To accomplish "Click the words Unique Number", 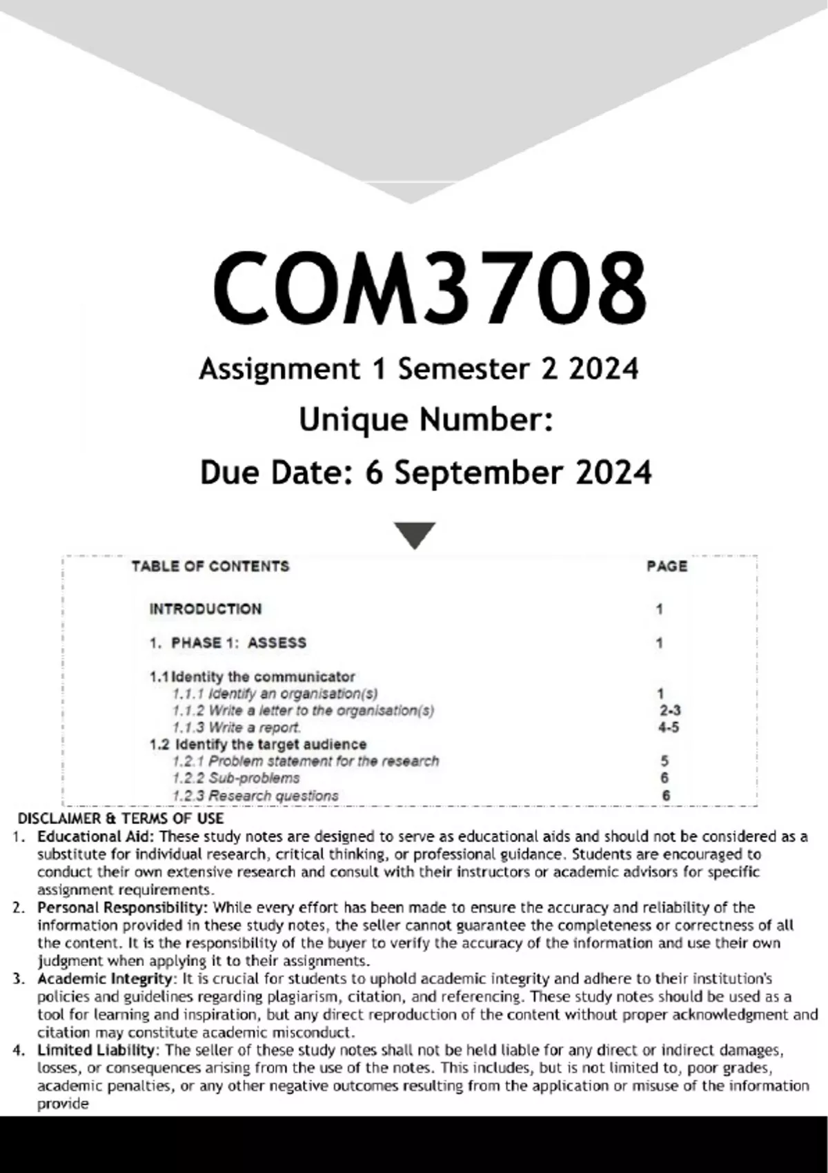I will tap(425, 420).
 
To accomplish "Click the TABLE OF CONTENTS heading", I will tap(210, 566).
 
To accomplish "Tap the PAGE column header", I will tap(667, 566).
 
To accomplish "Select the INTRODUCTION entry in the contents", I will tap(206, 609).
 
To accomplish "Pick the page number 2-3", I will tap(669, 711).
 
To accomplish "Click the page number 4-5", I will tap(668, 727).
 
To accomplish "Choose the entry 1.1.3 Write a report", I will tap(237, 727).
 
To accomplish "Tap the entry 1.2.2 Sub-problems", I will tap(236, 778).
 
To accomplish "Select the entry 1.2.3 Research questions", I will tap(255, 796).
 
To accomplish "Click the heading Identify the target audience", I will tap(270, 745).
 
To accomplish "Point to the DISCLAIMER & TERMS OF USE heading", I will tap(121, 819).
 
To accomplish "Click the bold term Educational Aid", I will tap(97, 837).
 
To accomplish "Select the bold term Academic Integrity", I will tap(104, 979).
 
